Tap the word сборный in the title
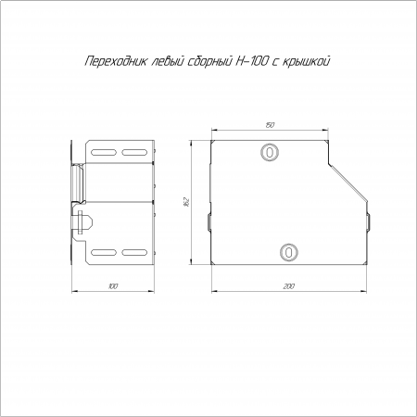[209, 61]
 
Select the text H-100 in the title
[250, 61]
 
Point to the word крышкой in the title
[307, 61]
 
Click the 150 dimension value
[270, 125]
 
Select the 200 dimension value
[288, 286]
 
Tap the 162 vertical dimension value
[186, 202]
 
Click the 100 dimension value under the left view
[113, 286]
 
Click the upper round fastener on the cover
[270, 152]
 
